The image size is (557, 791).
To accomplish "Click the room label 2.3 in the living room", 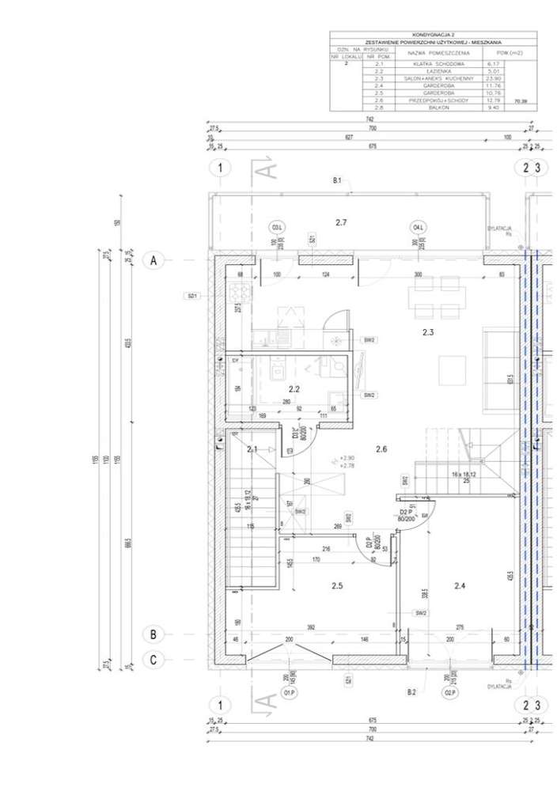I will pyautogui.click(x=428, y=332).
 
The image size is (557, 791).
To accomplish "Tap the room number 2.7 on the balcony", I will pyautogui.click(x=341, y=223).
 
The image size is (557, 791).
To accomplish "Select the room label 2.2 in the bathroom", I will pyautogui.click(x=294, y=389).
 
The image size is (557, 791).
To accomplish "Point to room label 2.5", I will pyautogui.click(x=336, y=585).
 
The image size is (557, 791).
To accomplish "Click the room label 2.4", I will pyautogui.click(x=460, y=585).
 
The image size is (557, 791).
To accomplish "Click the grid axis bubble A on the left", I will pyautogui.click(x=155, y=259).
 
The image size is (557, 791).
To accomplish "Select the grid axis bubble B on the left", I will pyautogui.click(x=155, y=634).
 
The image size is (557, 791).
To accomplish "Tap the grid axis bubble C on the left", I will pyautogui.click(x=155, y=658).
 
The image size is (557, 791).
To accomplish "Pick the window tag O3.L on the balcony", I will pyautogui.click(x=277, y=228).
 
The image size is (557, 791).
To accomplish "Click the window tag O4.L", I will pyautogui.click(x=418, y=228).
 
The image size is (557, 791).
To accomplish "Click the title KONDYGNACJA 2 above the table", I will pyautogui.click(x=433, y=35).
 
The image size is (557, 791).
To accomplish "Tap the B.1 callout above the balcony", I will pyautogui.click(x=336, y=181).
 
